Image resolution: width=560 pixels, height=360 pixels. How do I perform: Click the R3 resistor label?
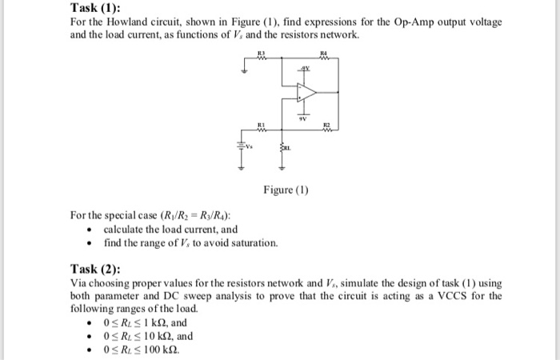click(261, 54)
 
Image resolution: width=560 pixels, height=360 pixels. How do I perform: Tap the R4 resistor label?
click(323, 54)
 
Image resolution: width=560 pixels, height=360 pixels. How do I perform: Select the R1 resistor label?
click(261, 124)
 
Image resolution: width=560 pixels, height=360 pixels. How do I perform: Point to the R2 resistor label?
click(325, 124)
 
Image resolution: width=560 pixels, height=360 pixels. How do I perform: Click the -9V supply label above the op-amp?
click(305, 70)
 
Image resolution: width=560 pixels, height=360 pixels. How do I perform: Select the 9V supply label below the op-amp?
click(305, 118)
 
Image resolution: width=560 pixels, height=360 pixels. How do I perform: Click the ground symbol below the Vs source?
click(238, 169)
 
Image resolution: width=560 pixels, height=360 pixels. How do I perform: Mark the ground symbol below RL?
click(282, 169)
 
